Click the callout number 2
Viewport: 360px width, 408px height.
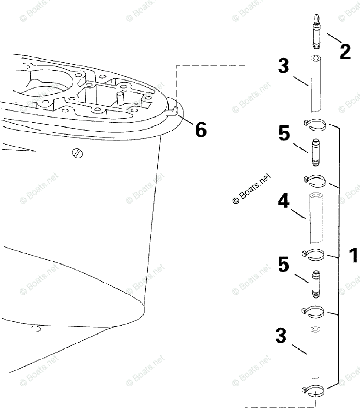tap(344, 51)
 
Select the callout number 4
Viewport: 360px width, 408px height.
tap(283, 201)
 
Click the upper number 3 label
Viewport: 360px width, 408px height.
tap(283, 66)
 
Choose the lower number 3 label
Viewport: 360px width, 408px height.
tap(281, 336)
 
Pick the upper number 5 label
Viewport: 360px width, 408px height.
tap(284, 134)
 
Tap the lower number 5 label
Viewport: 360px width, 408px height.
tap(283, 265)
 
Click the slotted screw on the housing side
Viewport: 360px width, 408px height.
tap(78, 153)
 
